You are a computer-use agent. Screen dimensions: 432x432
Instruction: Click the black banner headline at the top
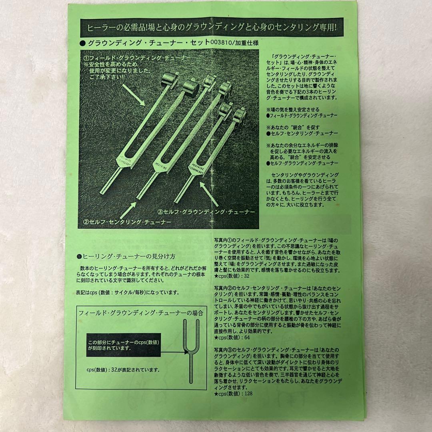click(216, 28)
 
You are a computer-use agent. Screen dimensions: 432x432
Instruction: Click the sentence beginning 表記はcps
click(127, 292)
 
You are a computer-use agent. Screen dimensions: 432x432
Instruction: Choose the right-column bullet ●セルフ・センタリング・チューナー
click(302, 133)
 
